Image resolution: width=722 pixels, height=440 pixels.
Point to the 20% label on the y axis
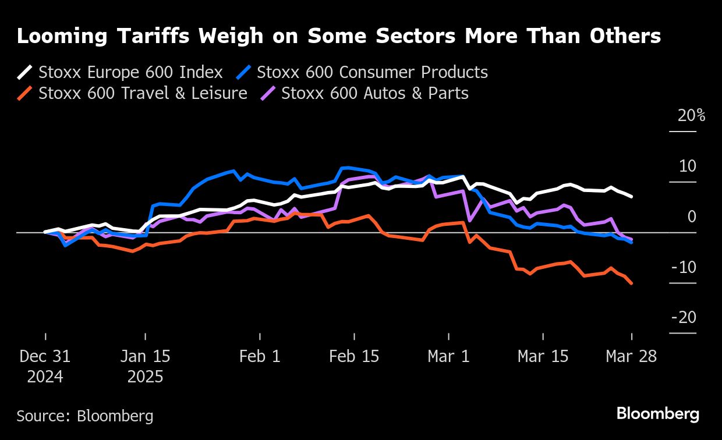pyautogui.click(x=691, y=115)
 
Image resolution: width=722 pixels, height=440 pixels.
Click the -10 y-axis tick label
pyautogui.click(x=684, y=267)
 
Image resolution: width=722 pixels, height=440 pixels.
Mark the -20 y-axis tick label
pyautogui.click(x=684, y=318)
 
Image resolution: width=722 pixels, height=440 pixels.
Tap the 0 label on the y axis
pyautogui.click(x=691, y=217)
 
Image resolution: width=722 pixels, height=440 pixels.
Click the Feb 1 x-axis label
pyautogui.click(x=260, y=356)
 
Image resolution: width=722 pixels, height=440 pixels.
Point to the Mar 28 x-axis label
pyautogui.click(x=631, y=356)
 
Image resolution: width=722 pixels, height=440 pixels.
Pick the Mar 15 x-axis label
pyautogui.click(x=543, y=356)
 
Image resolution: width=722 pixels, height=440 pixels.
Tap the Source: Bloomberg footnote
pyautogui.click(x=85, y=416)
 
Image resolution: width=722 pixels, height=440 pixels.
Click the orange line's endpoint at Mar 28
pyautogui.click(x=632, y=283)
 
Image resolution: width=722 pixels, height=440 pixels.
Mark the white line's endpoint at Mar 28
pyautogui.click(x=632, y=197)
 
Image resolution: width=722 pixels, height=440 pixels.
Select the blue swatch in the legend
pyautogui.click(x=244, y=73)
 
